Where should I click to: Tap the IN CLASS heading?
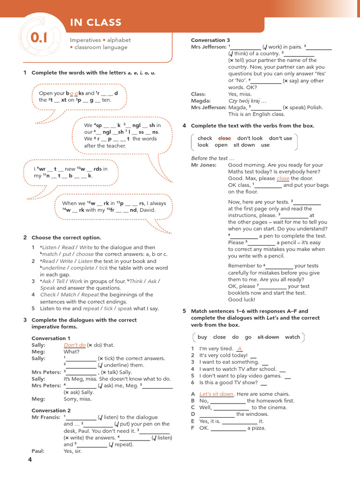[96, 22]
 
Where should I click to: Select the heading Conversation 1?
[51, 338]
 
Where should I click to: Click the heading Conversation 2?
[51, 410]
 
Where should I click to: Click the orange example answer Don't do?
[75, 345]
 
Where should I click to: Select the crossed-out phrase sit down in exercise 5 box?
[268, 337]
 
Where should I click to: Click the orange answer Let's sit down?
[217, 394]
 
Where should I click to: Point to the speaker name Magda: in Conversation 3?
[201, 101]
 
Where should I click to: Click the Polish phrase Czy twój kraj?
[247, 101]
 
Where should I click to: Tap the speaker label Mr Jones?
[204, 165]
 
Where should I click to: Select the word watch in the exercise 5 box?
[292, 337]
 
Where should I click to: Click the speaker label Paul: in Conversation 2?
[38, 451]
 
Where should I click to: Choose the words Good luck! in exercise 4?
[241, 300]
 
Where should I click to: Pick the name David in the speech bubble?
[147, 210]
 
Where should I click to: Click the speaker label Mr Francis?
[46, 417]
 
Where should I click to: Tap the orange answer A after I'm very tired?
[240, 349]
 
